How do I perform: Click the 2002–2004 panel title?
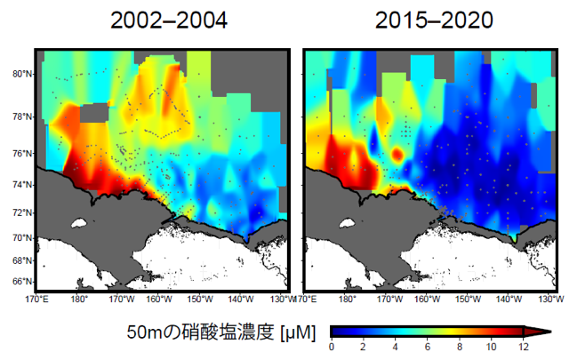[169, 20]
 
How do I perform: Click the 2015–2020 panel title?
[434, 20]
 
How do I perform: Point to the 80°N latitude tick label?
[22, 74]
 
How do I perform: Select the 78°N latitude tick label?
[22, 116]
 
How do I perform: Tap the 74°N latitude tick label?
[22, 184]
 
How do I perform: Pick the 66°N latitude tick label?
[22, 282]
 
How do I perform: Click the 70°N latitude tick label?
[22, 238]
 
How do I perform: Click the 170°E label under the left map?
[36, 299]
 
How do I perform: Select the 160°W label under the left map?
[159, 299]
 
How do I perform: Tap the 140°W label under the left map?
[241, 299]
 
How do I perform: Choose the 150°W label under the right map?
[468, 299]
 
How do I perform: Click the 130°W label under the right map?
[551, 299]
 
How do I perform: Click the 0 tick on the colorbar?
[332, 347]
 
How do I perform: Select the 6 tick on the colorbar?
[428, 347]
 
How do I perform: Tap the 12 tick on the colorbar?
[524, 347]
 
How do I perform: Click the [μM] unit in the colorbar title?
[298, 332]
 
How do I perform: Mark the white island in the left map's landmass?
[79, 223]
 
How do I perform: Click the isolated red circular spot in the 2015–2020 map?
[397, 154]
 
